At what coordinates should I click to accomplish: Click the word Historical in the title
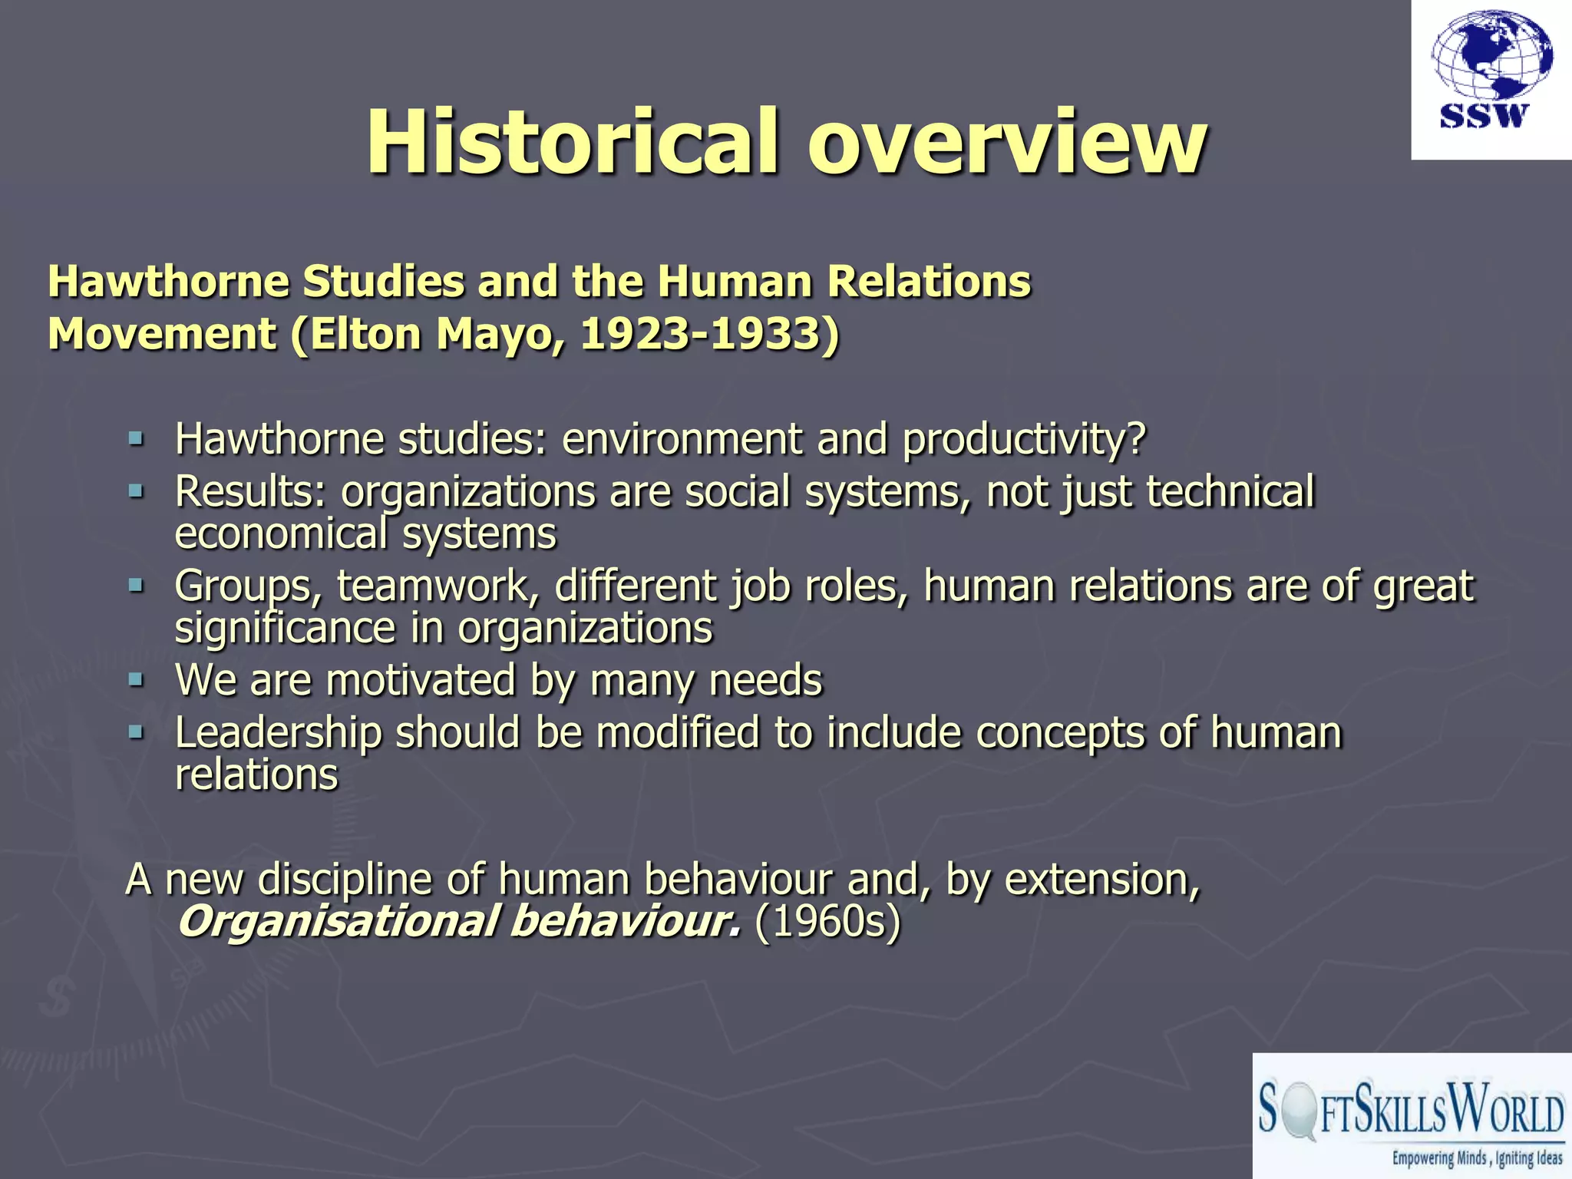(573, 143)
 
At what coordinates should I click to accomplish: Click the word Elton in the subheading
(365, 335)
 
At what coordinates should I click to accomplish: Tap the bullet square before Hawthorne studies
(137, 439)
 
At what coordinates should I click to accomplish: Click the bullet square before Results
(137, 490)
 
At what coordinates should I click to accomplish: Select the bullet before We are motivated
(137, 679)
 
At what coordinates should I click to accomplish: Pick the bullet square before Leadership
(137, 732)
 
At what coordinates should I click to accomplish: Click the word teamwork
(434, 586)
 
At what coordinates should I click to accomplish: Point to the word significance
(285, 629)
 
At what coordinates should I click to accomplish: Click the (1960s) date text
(827, 922)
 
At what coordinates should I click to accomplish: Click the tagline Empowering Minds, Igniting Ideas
(1478, 1158)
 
